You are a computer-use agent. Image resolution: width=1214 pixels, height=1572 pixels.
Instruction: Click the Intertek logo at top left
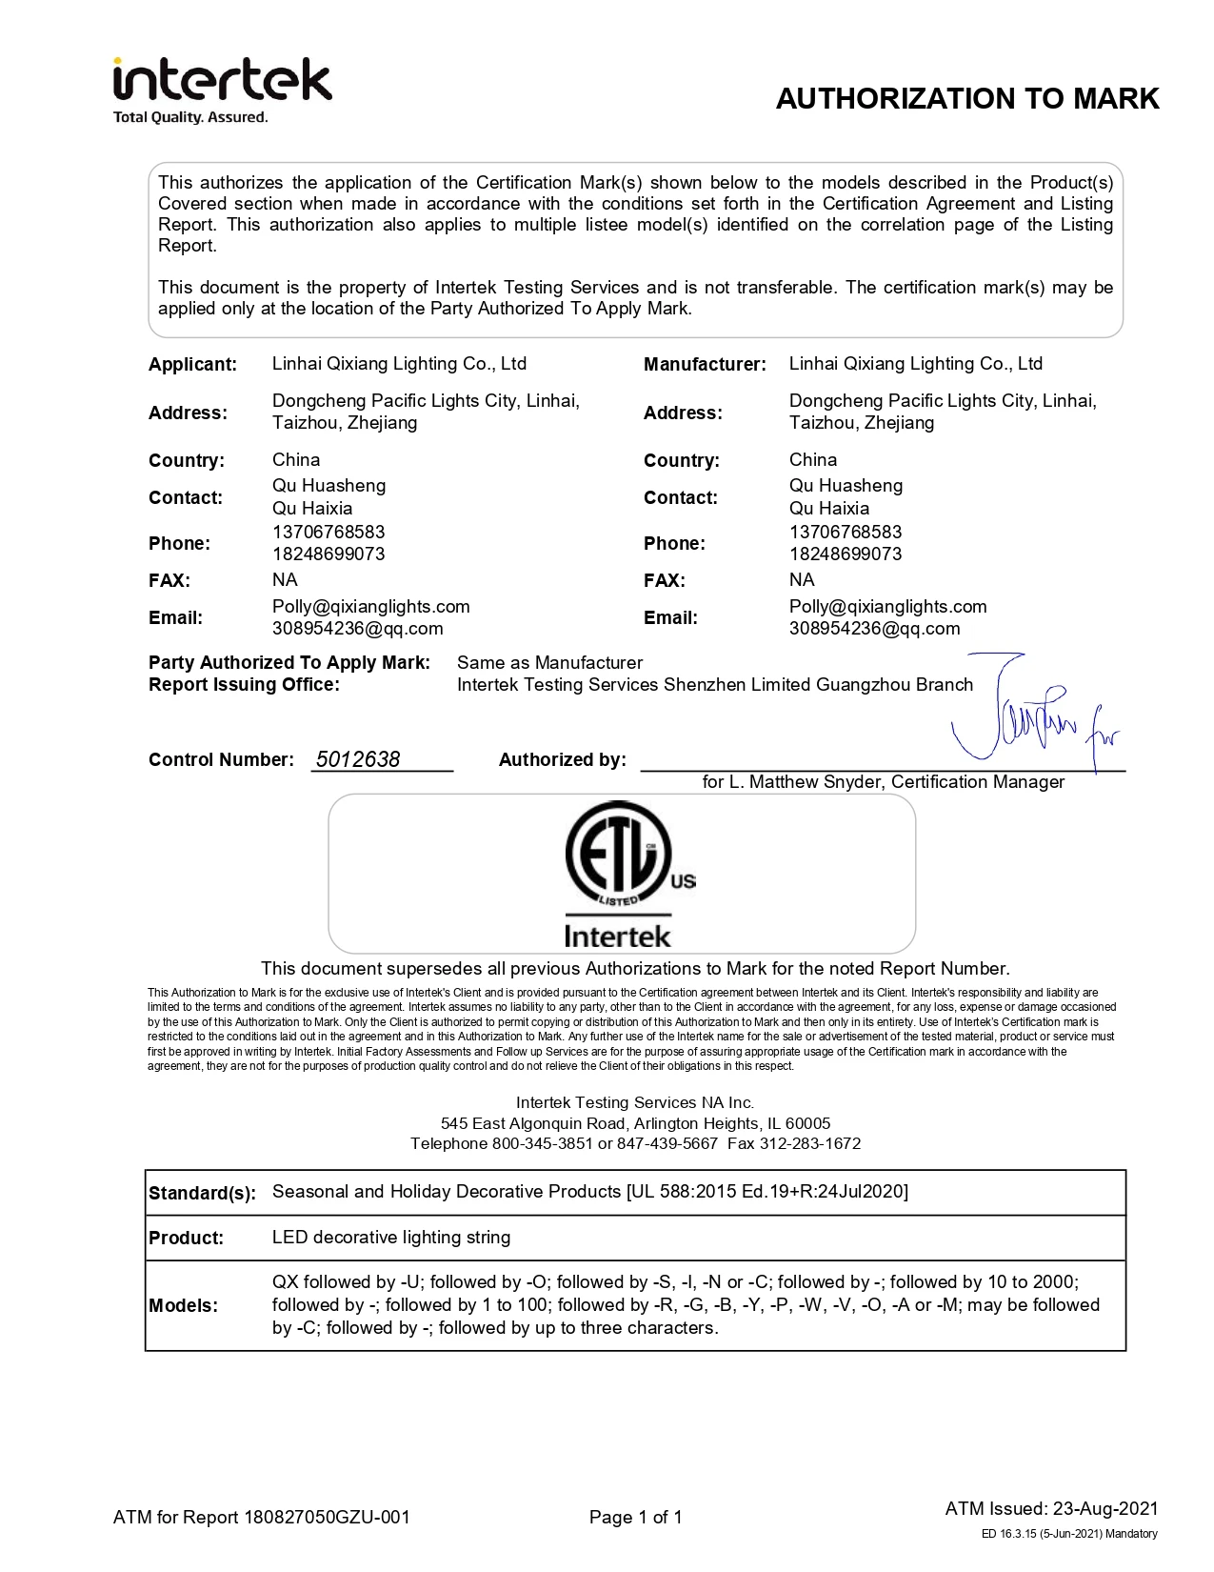tap(222, 82)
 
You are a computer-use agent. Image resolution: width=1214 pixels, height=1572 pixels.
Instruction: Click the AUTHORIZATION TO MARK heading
tap(966, 99)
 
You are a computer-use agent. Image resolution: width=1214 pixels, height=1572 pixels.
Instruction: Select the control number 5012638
tap(358, 759)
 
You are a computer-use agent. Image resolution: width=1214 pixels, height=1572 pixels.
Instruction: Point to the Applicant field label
tap(192, 365)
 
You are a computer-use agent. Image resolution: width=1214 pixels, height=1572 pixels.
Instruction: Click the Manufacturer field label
tap(705, 365)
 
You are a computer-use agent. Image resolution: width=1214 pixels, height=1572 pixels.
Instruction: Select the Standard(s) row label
tap(202, 1194)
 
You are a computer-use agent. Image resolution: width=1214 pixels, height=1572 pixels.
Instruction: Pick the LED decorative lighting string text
tap(391, 1238)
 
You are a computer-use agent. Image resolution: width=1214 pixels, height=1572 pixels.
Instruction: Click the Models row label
tap(183, 1306)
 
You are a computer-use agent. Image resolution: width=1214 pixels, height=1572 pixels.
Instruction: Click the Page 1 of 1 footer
tap(635, 1518)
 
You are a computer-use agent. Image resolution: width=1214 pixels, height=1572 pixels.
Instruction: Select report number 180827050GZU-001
tap(327, 1518)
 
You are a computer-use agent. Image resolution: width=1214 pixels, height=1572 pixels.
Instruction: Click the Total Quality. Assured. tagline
tap(190, 118)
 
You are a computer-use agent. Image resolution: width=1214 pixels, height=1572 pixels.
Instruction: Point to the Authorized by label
tap(562, 760)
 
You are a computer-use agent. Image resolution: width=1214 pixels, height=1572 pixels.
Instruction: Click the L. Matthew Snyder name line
tap(883, 782)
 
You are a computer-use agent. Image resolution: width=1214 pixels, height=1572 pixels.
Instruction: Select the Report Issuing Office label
tap(244, 685)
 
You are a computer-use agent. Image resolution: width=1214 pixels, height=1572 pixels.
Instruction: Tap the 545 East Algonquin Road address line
tap(635, 1123)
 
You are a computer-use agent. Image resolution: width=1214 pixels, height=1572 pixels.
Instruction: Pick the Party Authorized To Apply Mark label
tap(289, 663)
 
